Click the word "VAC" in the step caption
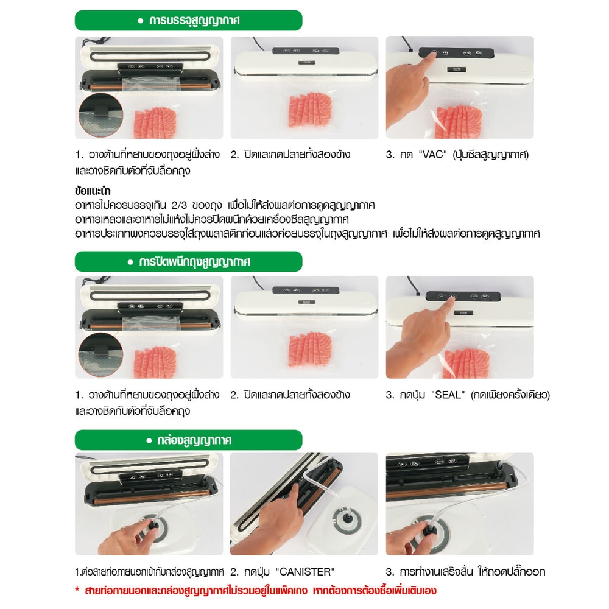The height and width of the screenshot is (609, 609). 432,155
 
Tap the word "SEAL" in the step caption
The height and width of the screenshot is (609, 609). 448,395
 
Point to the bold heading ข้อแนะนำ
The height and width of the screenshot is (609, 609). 93,191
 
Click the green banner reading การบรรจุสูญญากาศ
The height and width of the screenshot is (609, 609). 188,20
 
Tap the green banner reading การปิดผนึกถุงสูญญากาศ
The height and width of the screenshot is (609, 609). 188,261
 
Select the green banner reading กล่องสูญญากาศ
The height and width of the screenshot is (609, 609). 188,440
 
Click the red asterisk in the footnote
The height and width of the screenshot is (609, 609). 77,590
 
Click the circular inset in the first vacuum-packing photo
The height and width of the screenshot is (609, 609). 100,115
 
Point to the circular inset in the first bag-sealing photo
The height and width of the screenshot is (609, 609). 100,354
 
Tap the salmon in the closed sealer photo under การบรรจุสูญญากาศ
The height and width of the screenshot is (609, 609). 309,110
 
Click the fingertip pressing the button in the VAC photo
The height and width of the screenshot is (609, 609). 432,55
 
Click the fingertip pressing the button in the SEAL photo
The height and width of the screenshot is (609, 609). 451,298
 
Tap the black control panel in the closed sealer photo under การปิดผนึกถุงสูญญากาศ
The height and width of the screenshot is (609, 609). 306,290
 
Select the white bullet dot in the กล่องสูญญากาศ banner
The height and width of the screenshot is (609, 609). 149,440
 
